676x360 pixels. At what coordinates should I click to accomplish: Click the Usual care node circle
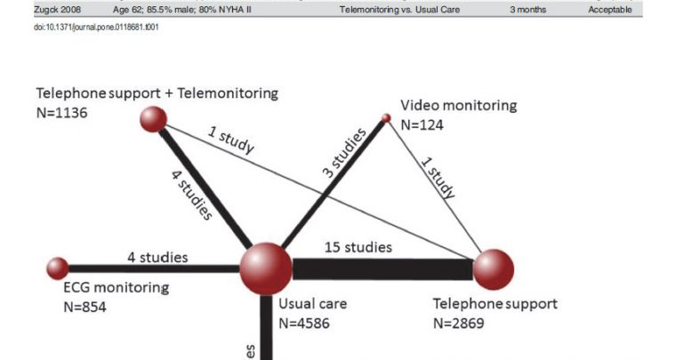[266, 266]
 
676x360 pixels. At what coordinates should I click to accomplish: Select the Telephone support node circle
[494, 269]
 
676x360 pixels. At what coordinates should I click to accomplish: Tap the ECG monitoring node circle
[58, 268]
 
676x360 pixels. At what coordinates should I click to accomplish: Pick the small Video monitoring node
[386, 117]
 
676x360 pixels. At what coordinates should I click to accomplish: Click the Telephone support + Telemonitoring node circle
[155, 120]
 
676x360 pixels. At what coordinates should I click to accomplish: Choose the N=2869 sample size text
[459, 323]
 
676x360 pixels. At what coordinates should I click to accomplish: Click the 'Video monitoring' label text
[458, 105]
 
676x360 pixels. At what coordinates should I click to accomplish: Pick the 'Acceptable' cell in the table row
[609, 11]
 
